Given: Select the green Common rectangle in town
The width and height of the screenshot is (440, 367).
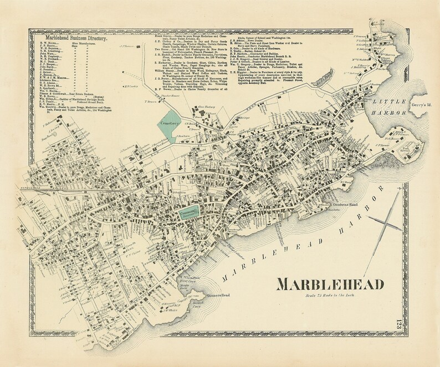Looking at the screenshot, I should click(188, 213).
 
